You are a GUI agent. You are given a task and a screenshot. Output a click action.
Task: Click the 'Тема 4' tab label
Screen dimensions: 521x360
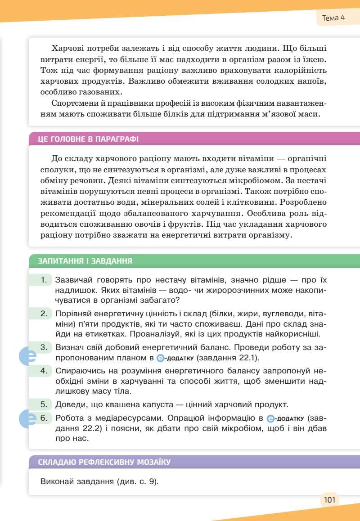point(333,18)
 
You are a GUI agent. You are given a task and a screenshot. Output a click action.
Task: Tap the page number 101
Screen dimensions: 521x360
point(329,499)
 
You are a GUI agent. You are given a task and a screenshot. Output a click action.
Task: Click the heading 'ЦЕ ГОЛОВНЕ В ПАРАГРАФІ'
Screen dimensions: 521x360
point(88,139)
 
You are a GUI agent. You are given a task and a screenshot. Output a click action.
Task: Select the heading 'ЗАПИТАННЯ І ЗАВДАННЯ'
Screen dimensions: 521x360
point(85,261)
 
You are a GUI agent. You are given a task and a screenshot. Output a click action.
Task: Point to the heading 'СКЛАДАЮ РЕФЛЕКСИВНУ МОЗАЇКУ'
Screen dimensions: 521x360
point(104,462)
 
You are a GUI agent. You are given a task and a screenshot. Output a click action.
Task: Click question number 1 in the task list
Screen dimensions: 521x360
point(44,280)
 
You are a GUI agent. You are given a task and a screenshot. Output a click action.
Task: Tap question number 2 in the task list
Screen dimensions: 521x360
point(44,313)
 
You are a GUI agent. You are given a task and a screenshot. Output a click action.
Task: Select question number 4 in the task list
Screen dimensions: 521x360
point(44,371)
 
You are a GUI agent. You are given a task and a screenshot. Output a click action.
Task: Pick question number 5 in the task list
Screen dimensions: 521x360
point(44,404)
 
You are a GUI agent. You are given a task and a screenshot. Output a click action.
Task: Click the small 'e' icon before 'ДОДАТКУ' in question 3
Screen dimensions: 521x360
point(161,359)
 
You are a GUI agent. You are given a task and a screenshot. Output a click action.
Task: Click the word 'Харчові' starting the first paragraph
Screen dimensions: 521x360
point(67,48)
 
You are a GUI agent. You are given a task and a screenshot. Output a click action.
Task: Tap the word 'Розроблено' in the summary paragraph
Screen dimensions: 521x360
point(304,202)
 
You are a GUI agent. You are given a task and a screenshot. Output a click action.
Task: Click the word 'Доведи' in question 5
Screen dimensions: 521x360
point(68,404)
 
